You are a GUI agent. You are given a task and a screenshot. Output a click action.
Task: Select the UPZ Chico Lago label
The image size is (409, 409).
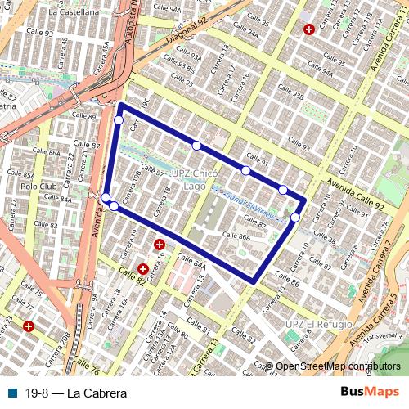[x=189, y=180]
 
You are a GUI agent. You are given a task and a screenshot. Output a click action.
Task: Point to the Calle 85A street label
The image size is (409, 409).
[x=22, y=174]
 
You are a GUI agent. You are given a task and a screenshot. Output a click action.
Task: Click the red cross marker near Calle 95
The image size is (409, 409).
[x=308, y=29]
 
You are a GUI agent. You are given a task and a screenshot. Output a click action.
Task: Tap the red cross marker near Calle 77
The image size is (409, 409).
[x=29, y=326]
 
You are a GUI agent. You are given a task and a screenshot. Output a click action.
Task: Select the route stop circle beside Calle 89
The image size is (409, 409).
[x=119, y=120]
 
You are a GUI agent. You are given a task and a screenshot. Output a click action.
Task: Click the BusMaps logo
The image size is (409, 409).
[x=371, y=393]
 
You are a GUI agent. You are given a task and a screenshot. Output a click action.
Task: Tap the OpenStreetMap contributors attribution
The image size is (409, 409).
[x=338, y=366]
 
